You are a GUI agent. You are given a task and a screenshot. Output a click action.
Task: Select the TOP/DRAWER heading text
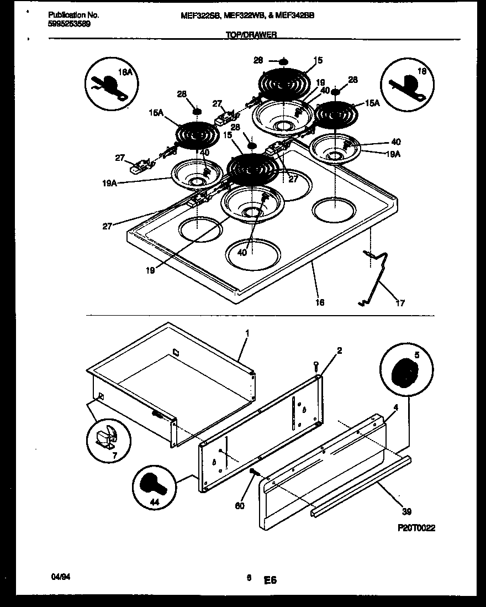coord(251,35)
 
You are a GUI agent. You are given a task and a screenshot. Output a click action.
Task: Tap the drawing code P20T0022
coord(416,528)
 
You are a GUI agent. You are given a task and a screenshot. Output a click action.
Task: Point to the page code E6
coord(270,580)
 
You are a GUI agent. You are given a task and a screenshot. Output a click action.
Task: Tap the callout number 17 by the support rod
coord(400,303)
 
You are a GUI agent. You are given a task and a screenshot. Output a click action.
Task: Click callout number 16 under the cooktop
coord(320,302)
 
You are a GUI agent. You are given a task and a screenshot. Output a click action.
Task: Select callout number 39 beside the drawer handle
coord(408,512)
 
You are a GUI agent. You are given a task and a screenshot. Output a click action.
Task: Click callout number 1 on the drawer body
coord(247,334)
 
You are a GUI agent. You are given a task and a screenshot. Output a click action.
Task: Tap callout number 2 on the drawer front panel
coord(339,350)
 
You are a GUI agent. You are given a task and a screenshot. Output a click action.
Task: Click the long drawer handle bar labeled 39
coord(359,486)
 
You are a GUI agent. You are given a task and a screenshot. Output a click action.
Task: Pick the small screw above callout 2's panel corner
coord(315,365)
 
